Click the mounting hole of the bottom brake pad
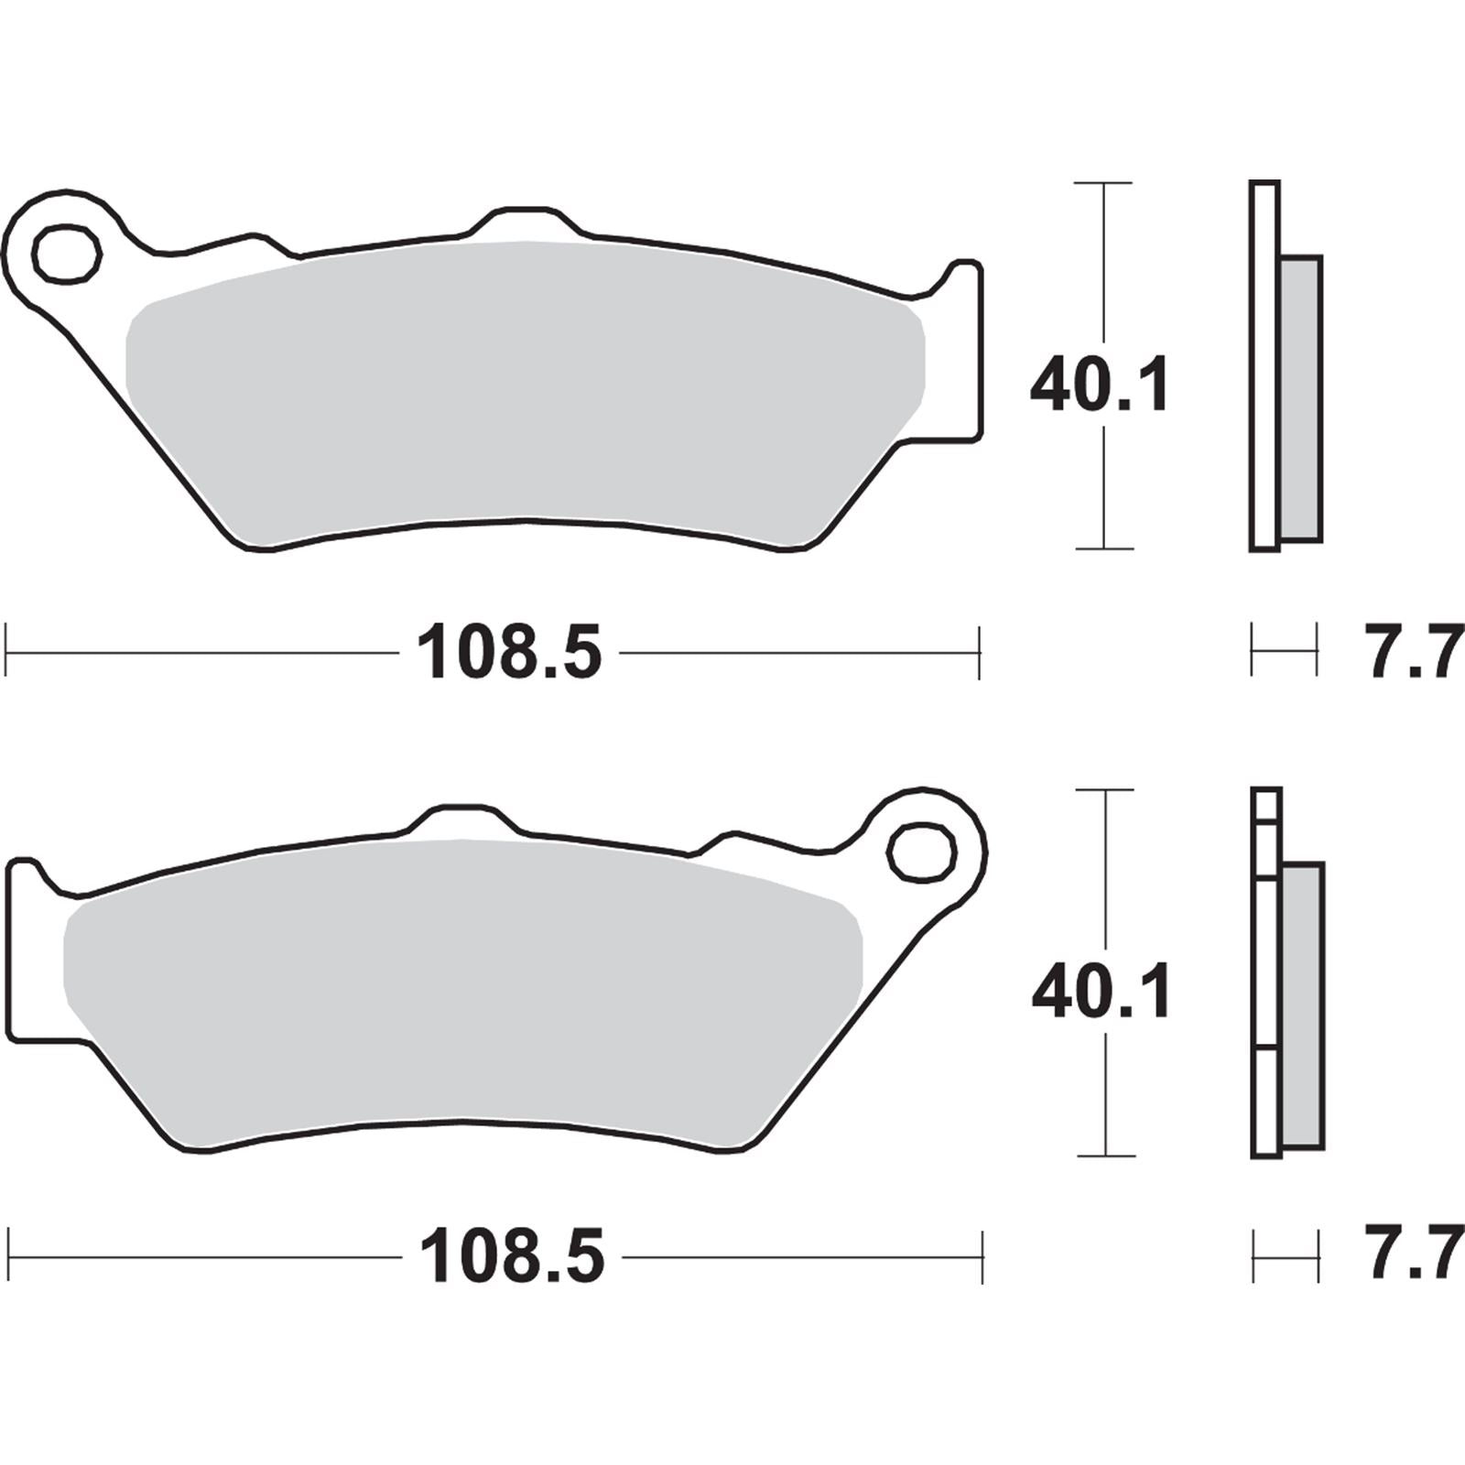pyautogui.click(x=922, y=852)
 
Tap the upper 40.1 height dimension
pyautogui.click(x=1100, y=386)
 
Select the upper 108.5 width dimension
pyautogui.click(x=509, y=653)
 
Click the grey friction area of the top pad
pyautogui.click(x=522, y=385)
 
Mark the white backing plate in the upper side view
pyautogui.click(x=1264, y=366)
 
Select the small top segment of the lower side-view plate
pyautogui.click(x=1266, y=805)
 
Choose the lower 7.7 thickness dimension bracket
pyautogui.click(x=1286, y=1256)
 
